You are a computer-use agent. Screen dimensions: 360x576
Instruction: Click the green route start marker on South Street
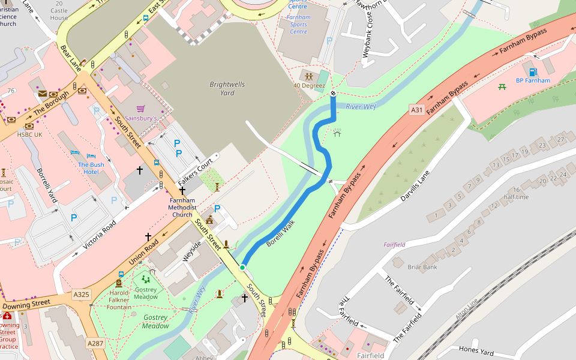(242, 267)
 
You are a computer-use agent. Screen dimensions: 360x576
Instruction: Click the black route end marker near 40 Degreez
(333, 94)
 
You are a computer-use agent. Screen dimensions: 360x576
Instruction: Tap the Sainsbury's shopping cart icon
(140, 109)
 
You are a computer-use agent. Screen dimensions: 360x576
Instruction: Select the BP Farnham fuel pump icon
(533, 70)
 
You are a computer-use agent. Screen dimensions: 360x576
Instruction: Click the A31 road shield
(417, 110)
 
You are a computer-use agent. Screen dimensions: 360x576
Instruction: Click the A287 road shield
(95, 343)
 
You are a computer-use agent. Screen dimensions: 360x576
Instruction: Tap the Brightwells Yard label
(227, 88)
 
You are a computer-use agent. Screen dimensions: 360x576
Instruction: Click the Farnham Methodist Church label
(182, 207)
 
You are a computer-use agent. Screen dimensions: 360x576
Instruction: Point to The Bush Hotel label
(91, 168)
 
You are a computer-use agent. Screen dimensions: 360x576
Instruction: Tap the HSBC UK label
(30, 134)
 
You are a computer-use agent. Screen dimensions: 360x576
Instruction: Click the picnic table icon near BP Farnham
(502, 87)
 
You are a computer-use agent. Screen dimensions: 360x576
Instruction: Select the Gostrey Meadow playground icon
(146, 279)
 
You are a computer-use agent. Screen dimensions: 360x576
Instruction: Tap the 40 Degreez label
(308, 85)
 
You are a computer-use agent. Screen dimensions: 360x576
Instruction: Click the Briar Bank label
(422, 267)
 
